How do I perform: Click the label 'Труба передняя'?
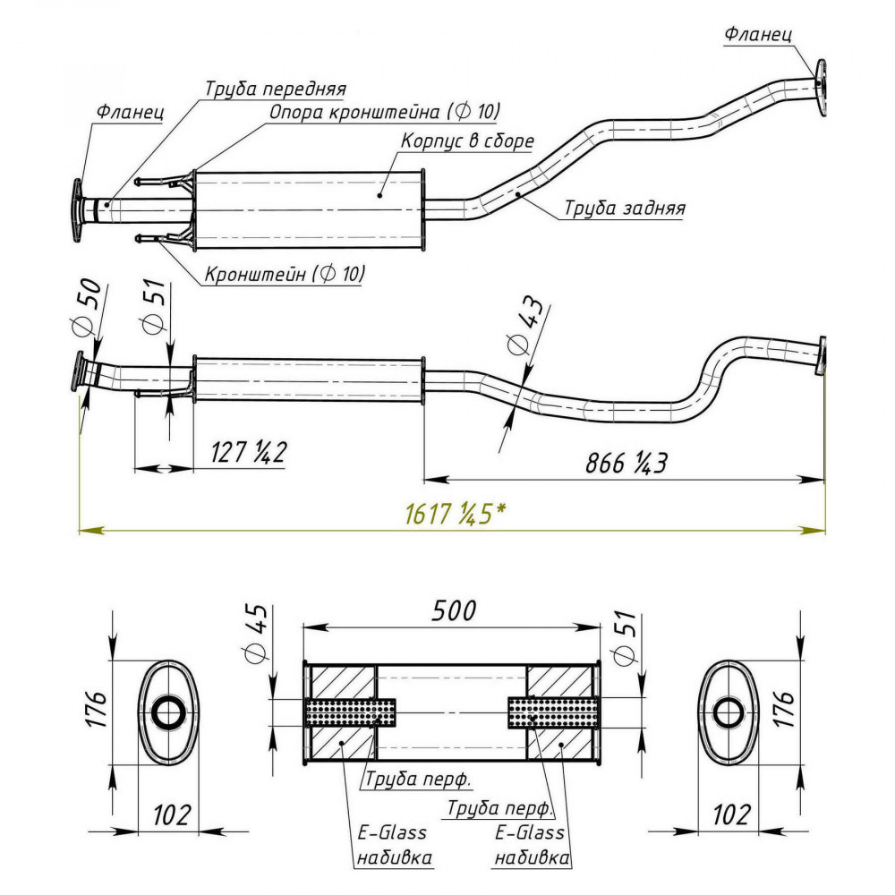275,89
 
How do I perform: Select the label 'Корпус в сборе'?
467,141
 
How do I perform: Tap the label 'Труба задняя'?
625,208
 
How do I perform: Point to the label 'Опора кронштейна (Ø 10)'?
385,111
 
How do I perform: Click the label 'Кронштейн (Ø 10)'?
285,274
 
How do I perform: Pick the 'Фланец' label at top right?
758,34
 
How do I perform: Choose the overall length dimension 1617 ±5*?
455,515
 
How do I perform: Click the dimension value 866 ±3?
626,463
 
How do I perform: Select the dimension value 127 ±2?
248,452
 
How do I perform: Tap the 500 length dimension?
454,610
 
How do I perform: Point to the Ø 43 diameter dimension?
524,326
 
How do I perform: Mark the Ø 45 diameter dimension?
256,633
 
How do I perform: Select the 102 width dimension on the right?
731,814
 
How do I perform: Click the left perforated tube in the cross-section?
351,712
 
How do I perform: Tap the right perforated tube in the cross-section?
553,712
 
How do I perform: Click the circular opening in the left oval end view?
168,713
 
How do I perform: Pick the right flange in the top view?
822,88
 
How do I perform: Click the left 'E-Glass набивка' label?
393,844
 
